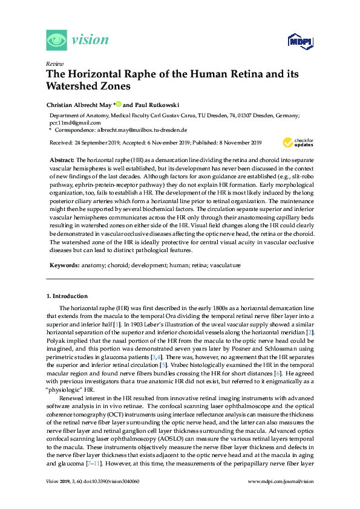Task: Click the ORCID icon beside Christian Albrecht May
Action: click(118, 104)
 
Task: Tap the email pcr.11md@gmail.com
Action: click(77, 122)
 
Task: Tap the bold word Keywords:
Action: click(64, 265)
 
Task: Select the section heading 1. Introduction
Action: click(67, 296)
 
